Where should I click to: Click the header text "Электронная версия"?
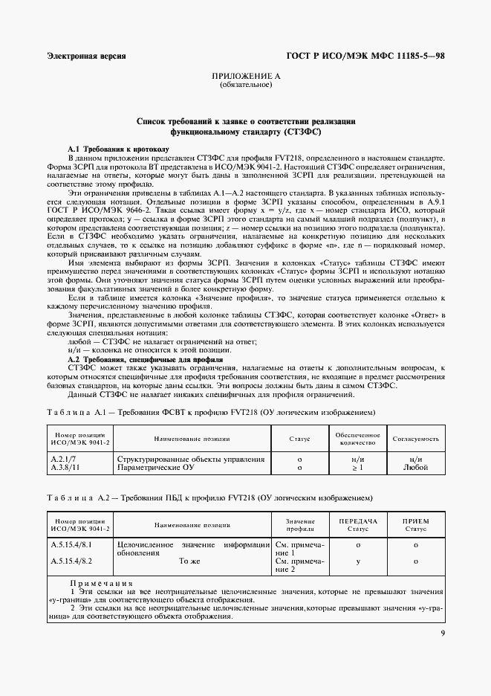86,56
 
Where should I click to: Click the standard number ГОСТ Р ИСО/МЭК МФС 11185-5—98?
365,56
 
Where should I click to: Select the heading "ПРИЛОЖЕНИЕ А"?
246,77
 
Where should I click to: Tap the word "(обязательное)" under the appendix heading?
246,85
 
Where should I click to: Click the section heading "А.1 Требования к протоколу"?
119,149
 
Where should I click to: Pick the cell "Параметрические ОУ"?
159,468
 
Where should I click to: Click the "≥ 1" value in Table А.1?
357,468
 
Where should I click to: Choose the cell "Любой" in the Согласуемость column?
415,468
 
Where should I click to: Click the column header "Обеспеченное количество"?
357,439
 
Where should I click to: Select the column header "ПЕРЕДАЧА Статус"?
357,524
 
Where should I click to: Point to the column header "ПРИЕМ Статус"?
415,524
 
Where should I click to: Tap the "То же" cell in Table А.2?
191,561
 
